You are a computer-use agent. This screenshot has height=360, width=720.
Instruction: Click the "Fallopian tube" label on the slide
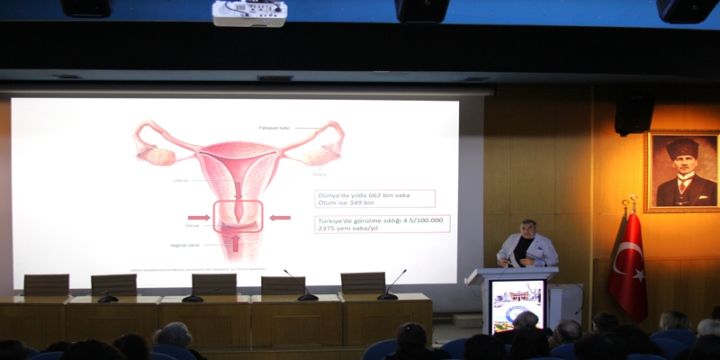(274, 128)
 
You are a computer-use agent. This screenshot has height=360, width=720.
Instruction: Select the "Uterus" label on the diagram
(181, 180)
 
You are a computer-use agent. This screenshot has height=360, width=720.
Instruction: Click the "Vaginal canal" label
(184, 245)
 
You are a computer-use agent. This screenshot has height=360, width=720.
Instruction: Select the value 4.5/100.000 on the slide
(423, 220)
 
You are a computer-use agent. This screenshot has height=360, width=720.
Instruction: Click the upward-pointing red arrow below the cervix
(236, 243)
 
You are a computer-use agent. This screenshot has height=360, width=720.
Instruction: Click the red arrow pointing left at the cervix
(280, 217)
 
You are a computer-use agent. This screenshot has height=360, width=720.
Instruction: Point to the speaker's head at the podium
(528, 229)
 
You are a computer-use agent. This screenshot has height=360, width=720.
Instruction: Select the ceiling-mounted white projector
(249, 13)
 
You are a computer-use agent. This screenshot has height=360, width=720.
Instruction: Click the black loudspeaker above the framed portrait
(634, 113)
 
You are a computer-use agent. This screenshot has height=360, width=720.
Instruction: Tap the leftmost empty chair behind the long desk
(46, 284)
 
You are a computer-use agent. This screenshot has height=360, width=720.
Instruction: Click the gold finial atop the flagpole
(633, 202)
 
